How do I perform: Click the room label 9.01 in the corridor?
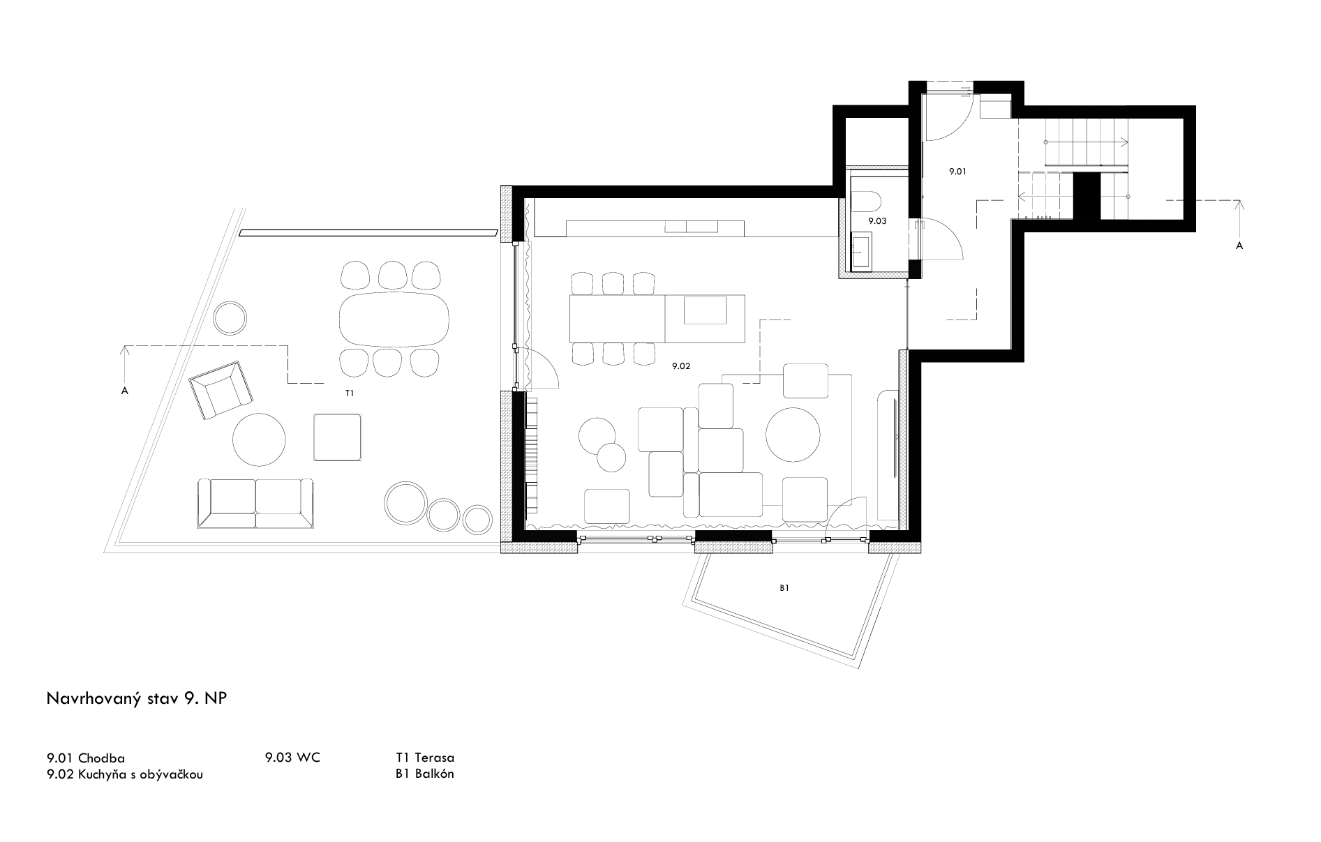tap(957, 171)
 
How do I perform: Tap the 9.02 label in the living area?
tap(681, 366)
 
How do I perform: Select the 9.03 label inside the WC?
tap(876, 220)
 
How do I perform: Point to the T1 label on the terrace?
tap(350, 393)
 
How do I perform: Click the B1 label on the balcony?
tap(784, 588)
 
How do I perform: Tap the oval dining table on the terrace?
tap(395, 317)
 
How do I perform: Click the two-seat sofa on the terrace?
tap(255, 503)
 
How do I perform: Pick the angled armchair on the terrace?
tap(221, 390)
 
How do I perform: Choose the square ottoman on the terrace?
tap(338, 437)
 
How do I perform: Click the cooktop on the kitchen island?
tap(705, 310)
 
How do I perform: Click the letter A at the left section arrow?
tap(125, 391)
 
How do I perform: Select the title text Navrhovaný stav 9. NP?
tap(137, 700)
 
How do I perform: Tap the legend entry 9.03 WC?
tap(292, 757)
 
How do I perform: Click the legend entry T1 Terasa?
tap(425, 757)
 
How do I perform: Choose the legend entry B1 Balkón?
tap(424, 774)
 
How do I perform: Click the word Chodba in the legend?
tap(102, 758)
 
